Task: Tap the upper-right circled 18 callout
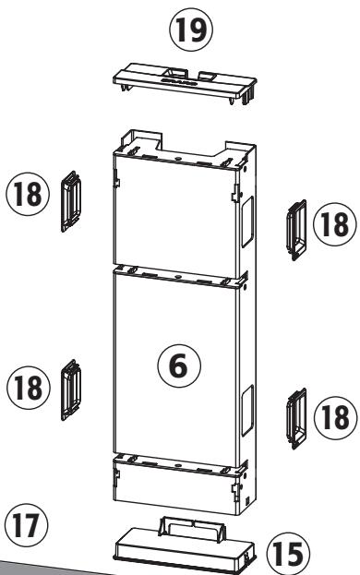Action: click(x=333, y=222)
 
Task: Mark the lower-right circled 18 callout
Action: click(x=333, y=415)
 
